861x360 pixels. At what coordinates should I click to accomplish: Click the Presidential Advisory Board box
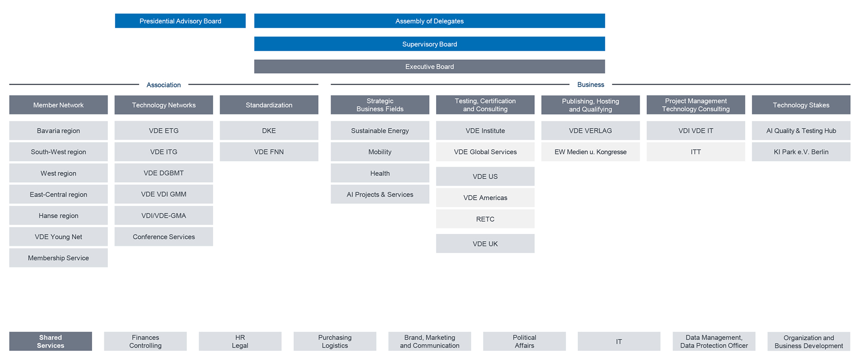pyautogui.click(x=180, y=21)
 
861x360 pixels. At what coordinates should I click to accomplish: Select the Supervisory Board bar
pyautogui.click(x=429, y=44)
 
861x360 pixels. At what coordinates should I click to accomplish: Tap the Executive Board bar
pyautogui.click(x=429, y=66)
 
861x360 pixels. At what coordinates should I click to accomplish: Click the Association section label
pyautogui.click(x=164, y=85)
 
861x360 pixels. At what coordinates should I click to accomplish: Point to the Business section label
pyautogui.click(x=591, y=85)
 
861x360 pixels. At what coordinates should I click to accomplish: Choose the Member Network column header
pyautogui.click(x=59, y=105)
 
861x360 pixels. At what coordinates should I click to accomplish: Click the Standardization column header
pyautogui.click(x=269, y=105)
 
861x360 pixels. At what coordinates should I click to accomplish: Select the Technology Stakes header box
pyautogui.click(x=801, y=105)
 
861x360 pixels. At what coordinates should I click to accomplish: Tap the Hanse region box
pyautogui.click(x=59, y=215)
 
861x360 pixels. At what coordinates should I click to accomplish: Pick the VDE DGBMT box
pyautogui.click(x=164, y=173)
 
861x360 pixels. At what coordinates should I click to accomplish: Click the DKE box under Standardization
pyautogui.click(x=269, y=130)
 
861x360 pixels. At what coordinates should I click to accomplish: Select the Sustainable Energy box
pyautogui.click(x=380, y=130)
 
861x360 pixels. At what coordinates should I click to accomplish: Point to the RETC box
pyautogui.click(x=485, y=219)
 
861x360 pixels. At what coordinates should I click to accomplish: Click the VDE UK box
pyautogui.click(x=485, y=243)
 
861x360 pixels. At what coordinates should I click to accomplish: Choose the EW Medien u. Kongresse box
pyautogui.click(x=590, y=152)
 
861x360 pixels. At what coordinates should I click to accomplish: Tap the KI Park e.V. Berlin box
pyautogui.click(x=801, y=152)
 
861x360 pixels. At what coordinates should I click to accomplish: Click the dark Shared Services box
pyautogui.click(x=50, y=341)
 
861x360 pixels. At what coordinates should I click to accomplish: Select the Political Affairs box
pyautogui.click(x=524, y=341)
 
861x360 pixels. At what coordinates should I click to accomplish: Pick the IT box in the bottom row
pyautogui.click(x=619, y=341)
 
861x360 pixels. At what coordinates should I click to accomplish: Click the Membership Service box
pyautogui.click(x=59, y=258)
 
